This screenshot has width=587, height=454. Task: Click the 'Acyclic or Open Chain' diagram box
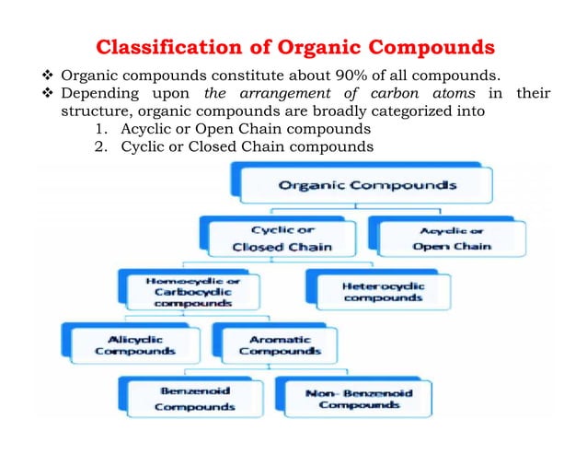click(451, 239)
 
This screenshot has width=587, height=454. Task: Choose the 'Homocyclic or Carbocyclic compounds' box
click(180, 289)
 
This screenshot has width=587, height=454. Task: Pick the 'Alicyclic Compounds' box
click(123, 343)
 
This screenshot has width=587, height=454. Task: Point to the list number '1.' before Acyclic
click(101, 129)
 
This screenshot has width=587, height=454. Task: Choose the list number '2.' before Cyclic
click(101, 146)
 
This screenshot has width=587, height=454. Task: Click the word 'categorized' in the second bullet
click(404, 111)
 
